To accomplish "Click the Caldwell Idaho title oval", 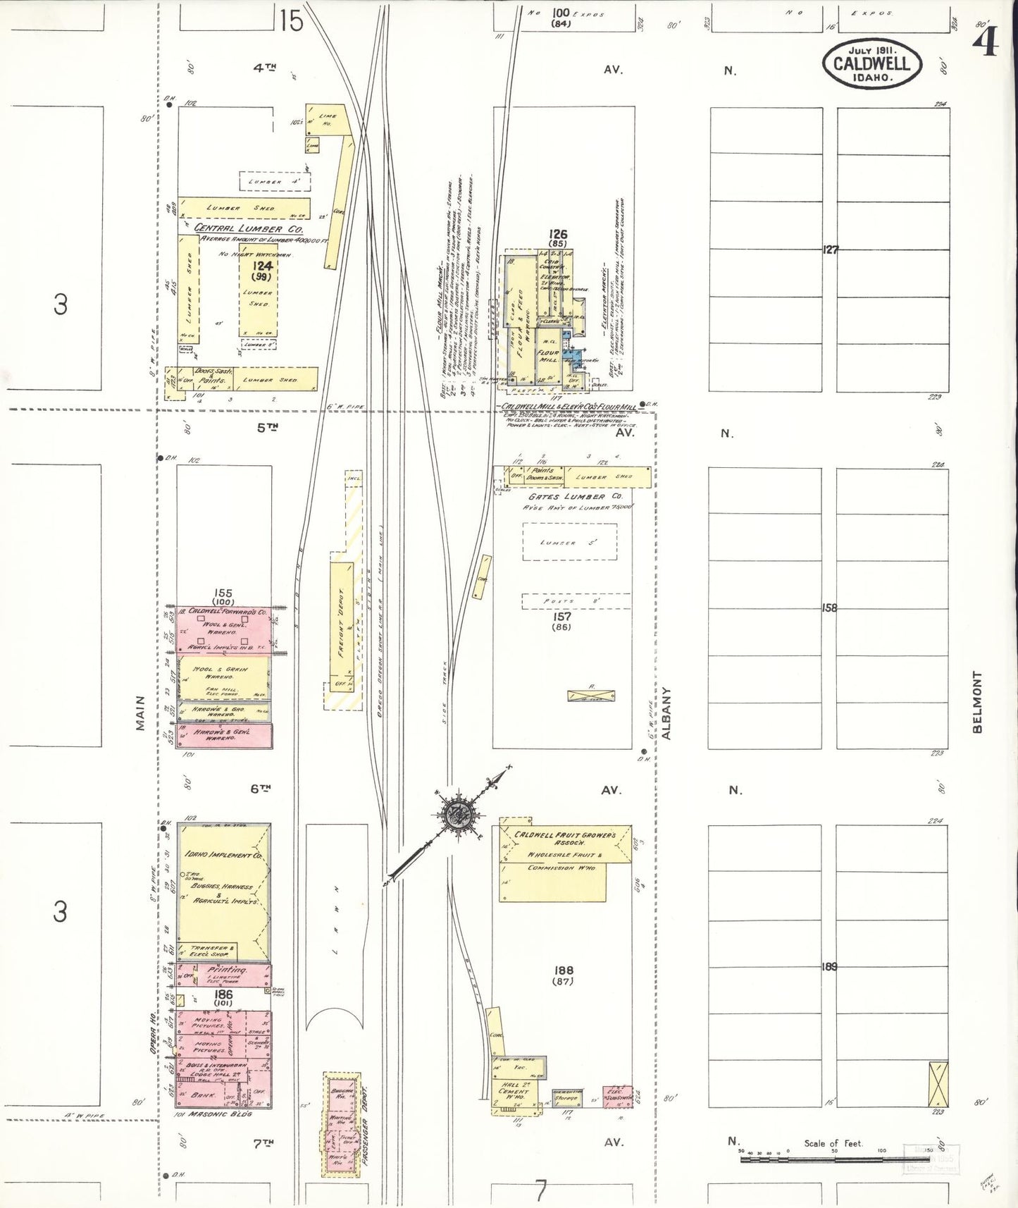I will point(872,63).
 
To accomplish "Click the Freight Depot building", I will point(342,623).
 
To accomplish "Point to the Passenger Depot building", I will point(341,1123).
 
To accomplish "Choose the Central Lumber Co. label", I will point(249,228).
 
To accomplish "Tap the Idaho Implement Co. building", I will point(223,892).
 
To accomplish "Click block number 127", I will point(831,249).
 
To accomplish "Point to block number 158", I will point(830,608).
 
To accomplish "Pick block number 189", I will point(830,966).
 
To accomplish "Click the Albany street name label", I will point(666,713).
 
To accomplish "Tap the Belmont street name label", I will point(977,702).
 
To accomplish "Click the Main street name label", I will point(141,713).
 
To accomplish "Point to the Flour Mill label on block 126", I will point(548,356).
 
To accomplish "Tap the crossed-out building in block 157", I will point(591,696).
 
